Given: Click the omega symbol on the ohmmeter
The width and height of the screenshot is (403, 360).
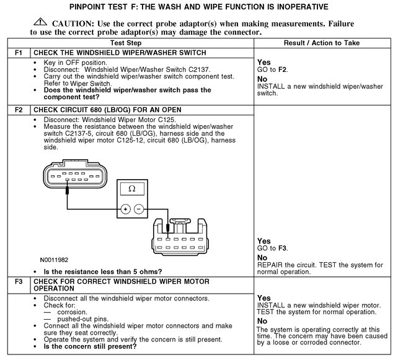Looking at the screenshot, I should (131, 188).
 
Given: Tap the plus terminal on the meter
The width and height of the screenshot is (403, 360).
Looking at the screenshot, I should (125, 209).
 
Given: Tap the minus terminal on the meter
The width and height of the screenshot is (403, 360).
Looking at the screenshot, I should (139, 209).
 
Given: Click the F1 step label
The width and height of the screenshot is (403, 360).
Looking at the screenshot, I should (18, 53).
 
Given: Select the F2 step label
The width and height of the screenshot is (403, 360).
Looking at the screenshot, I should (18, 110).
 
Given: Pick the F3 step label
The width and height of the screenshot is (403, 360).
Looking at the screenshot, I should (18, 281).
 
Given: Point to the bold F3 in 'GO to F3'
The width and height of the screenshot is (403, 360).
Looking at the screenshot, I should (282, 248).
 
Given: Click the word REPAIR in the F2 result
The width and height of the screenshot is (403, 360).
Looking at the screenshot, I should (270, 265).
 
